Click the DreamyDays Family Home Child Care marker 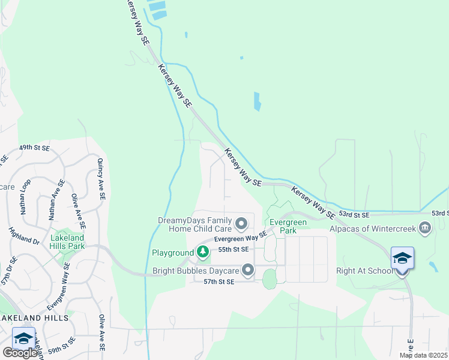242,224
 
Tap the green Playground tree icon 203,254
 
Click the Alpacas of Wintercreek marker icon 425,228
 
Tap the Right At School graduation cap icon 402,258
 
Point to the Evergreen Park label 288,226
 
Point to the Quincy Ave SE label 101,178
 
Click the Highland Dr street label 24,235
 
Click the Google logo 20,353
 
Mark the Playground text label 172,254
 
